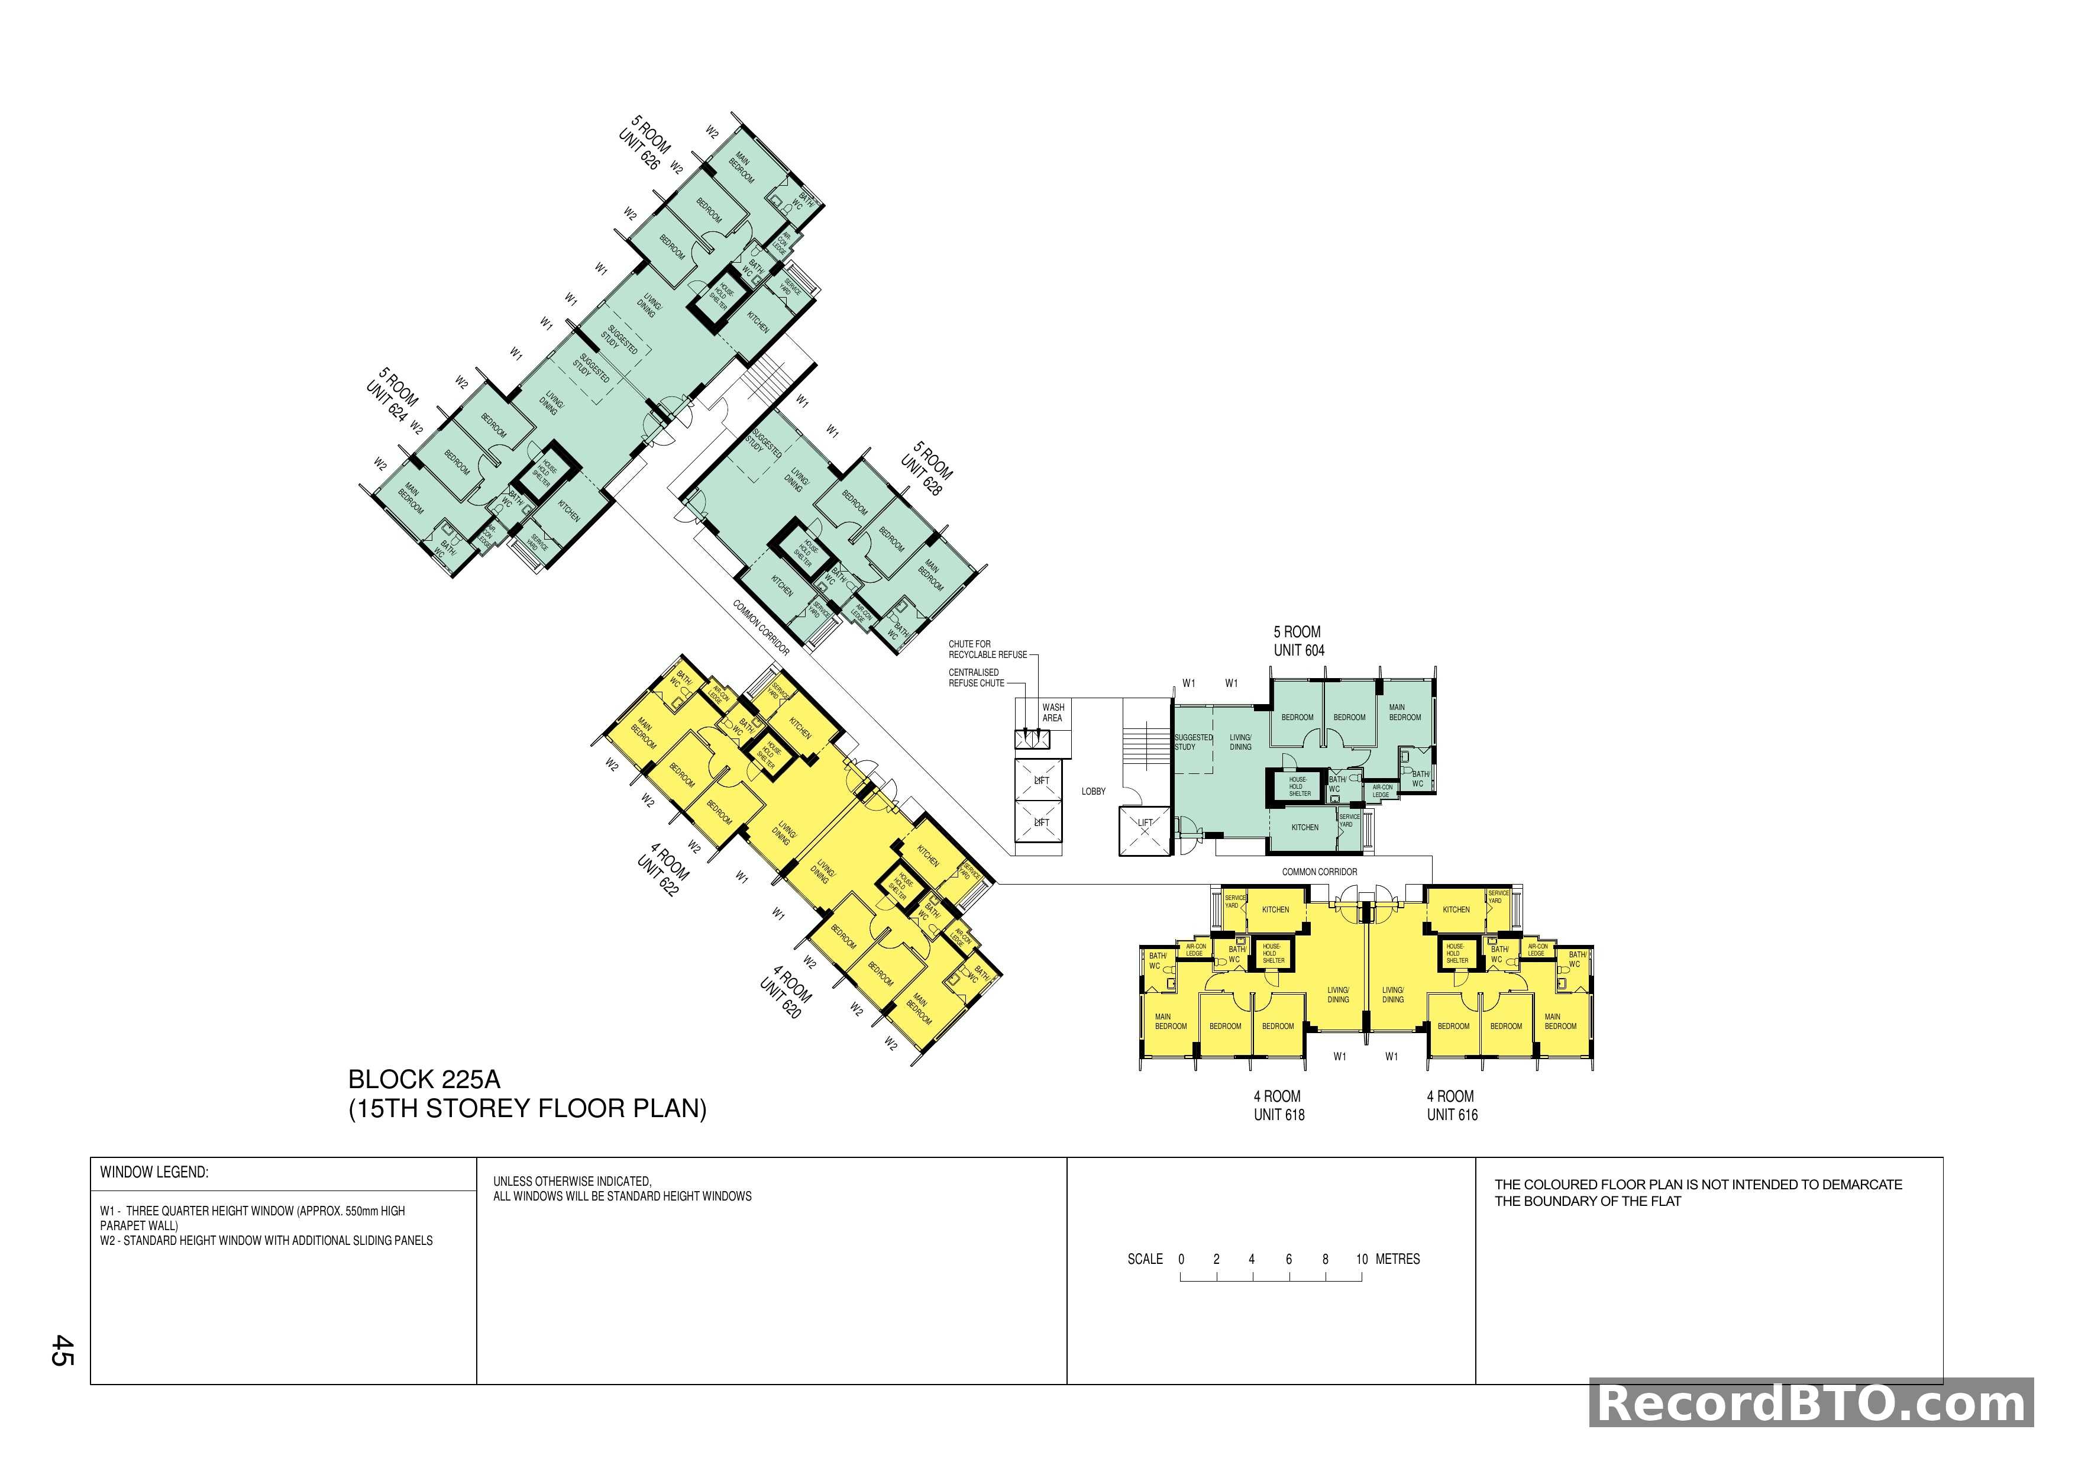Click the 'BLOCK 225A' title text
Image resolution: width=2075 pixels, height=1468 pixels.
pyautogui.click(x=424, y=1079)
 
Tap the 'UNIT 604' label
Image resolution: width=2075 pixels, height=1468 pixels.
pyautogui.click(x=1299, y=651)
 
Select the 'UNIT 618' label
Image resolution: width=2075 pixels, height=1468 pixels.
pyautogui.click(x=1279, y=1115)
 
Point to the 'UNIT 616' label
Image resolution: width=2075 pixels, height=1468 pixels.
pyautogui.click(x=1452, y=1115)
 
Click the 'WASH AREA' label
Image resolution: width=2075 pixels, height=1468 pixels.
pyautogui.click(x=1053, y=712)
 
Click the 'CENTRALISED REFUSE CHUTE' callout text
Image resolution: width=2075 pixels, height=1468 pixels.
pyautogui.click(x=976, y=678)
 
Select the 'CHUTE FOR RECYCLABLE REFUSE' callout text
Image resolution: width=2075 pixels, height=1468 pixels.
pyautogui.click(x=987, y=649)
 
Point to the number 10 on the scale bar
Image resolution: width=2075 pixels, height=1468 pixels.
pyautogui.click(x=1361, y=1259)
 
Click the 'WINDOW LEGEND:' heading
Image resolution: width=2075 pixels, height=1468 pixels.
pyautogui.click(x=154, y=1172)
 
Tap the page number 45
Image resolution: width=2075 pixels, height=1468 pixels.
pyautogui.click(x=62, y=1350)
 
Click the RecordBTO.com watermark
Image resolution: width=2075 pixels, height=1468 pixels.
pyautogui.click(x=1811, y=1405)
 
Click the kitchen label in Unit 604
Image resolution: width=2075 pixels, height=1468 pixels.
pyautogui.click(x=1304, y=828)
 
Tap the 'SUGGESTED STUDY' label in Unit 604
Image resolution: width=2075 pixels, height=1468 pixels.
pyautogui.click(x=1193, y=742)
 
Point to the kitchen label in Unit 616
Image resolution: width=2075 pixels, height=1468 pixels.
pyautogui.click(x=1456, y=910)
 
